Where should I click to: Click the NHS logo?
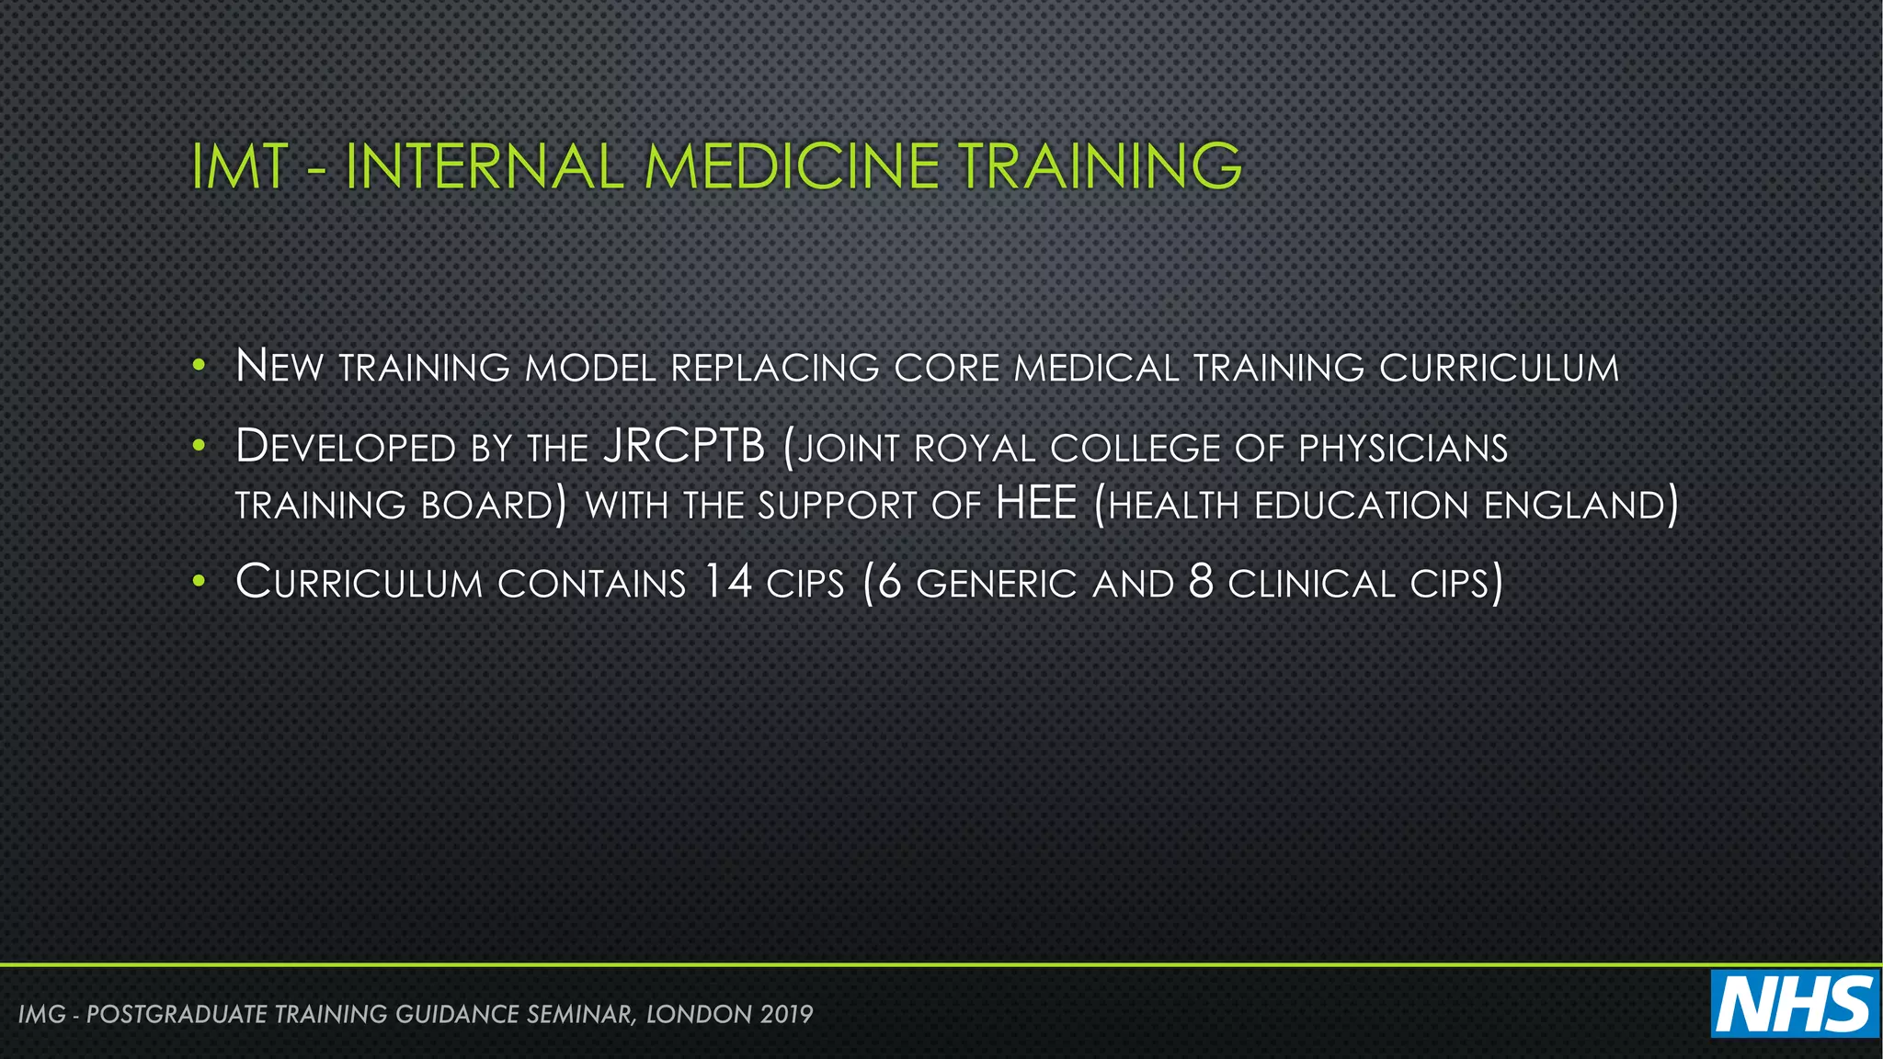(1794, 1004)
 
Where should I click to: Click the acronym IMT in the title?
(239, 167)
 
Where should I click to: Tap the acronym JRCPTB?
(685, 447)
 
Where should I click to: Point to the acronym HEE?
(1036, 503)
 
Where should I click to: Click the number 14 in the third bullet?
(727, 582)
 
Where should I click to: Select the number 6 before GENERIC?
(889, 583)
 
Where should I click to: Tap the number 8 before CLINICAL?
(1201, 583)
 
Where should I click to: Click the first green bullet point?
(199, 367)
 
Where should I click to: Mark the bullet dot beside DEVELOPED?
(199, 447)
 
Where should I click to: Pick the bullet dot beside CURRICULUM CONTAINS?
(199, 582)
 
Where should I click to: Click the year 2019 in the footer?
(787, 1014)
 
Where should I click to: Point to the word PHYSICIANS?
(1403, 449)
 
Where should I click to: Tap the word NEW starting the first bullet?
(280, 367)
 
